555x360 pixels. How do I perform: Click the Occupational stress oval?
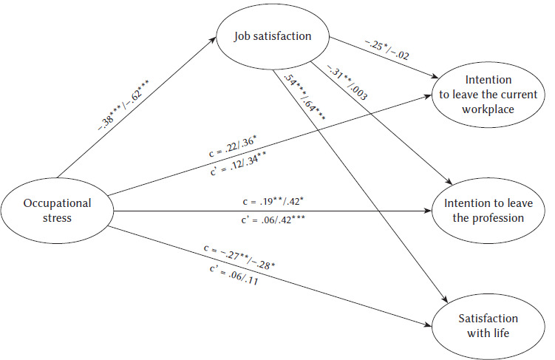(57, 210)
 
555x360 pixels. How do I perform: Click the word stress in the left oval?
(57, 219)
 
